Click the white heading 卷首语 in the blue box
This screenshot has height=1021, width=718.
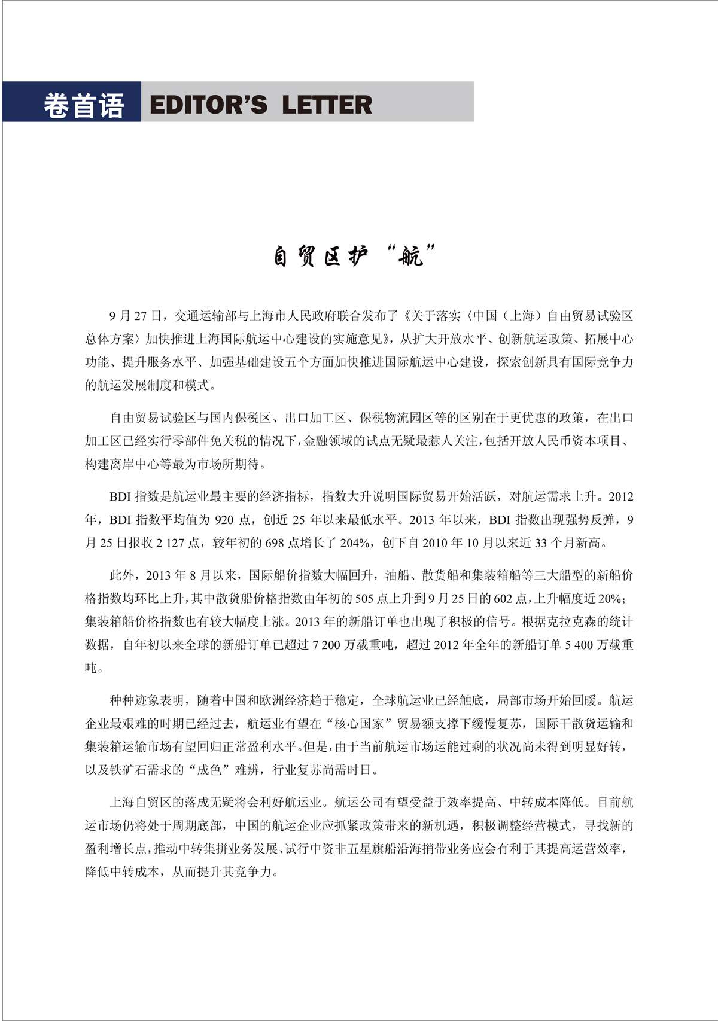coord(83,106)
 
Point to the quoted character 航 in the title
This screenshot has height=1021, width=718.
coord(410,257)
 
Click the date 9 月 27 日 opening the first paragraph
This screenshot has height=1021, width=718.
coord(136,316)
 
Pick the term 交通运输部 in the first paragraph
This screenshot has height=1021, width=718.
coord(205,316)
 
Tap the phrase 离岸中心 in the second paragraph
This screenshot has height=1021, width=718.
coord(147,464)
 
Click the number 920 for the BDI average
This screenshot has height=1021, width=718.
coord(224,520)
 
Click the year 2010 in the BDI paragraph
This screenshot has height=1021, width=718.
coord(435,543)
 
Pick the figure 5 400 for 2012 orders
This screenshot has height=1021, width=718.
coord(579,645)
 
